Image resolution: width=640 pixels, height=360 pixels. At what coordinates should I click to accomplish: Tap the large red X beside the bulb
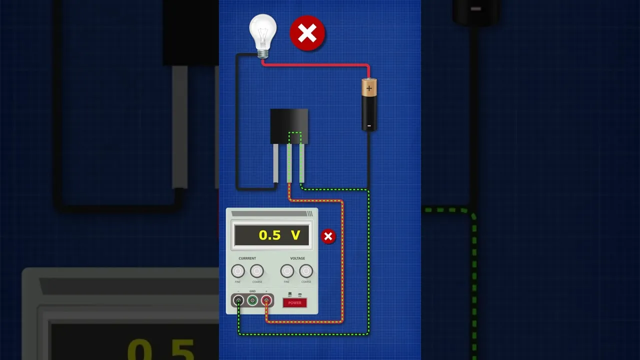(x=307, y=33)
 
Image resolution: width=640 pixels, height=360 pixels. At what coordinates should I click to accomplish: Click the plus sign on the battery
(x=369, y=89)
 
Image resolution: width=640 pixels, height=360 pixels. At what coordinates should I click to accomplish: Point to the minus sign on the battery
(x=369, y=126)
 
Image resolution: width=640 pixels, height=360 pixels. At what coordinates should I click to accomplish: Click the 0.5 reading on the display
(x=269, y=235)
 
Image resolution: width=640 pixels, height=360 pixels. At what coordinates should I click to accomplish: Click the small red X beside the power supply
(x=328, y=236)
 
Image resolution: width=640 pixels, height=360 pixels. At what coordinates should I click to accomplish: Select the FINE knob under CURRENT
(x=238, y=271)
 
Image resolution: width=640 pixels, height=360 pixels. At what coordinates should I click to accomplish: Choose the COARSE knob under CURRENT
(x=257, y=271)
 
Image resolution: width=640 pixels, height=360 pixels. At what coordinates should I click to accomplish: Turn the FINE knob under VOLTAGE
(x=287, y=271)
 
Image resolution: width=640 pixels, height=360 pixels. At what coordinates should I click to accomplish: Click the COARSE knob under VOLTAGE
(x=306, y=271)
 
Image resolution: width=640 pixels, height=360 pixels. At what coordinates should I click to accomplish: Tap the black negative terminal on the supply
(x=238, y=300)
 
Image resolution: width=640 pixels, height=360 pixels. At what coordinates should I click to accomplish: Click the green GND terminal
(x=252, y=300)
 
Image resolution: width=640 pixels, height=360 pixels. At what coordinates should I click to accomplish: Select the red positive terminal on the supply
(x=266, y=300)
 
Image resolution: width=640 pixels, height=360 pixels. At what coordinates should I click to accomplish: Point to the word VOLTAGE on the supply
(x=297, y=258)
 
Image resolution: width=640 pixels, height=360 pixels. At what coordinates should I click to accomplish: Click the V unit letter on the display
(x=295, y=235)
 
